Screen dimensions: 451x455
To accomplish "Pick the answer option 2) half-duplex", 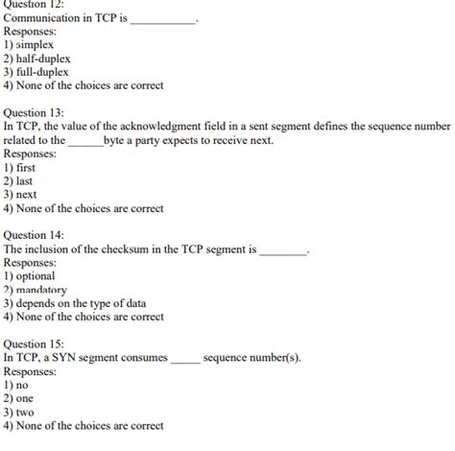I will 39,58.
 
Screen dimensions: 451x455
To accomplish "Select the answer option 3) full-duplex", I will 38,71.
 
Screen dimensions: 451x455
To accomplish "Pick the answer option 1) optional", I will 30,275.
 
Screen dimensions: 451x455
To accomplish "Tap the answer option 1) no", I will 15,385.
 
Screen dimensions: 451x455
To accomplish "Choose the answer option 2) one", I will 18,398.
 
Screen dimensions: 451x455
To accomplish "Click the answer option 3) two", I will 18,412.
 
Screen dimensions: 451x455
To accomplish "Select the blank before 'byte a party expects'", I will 85,141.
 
